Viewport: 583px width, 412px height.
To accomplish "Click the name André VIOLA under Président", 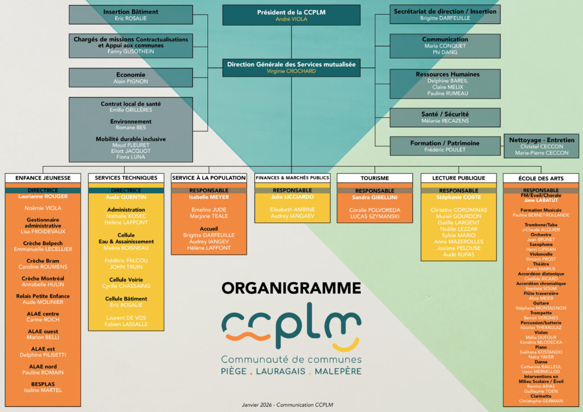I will coord(291,19).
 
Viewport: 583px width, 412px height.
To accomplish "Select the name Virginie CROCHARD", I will coord(291,72).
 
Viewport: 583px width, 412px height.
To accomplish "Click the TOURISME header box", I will coord(375,178).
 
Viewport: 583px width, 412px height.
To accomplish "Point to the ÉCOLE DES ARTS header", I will coord(541,178).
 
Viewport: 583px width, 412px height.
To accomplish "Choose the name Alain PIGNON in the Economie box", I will coord(130,81).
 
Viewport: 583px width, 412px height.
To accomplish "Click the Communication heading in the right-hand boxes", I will coord(445,39).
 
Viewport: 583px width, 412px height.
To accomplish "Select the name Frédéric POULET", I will coord(445,150).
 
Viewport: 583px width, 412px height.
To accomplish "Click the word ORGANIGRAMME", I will coord(291,288).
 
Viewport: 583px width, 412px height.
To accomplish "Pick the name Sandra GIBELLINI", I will coord(375,197).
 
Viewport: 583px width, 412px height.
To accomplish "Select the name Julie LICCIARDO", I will coord(292,197).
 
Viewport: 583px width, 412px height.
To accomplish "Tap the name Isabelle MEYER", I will coord(208,197).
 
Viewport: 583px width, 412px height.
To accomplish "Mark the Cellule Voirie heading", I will coord(126,279).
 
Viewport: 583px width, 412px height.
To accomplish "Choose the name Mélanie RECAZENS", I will coord(445,121).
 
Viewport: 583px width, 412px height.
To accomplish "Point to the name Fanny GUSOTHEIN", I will coord(130,52).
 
